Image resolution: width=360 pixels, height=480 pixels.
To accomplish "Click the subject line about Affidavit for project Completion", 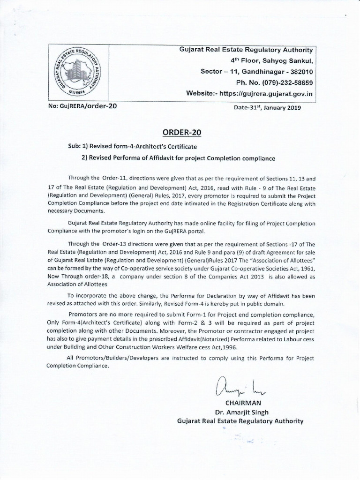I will pyautogui.click(x=178, y=158).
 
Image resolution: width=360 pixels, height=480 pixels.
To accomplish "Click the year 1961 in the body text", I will pyautogui.click(x=306, y=267).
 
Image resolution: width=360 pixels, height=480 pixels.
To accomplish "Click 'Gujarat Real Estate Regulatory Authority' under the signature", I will pyautogui.click(x=240, y=421).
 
